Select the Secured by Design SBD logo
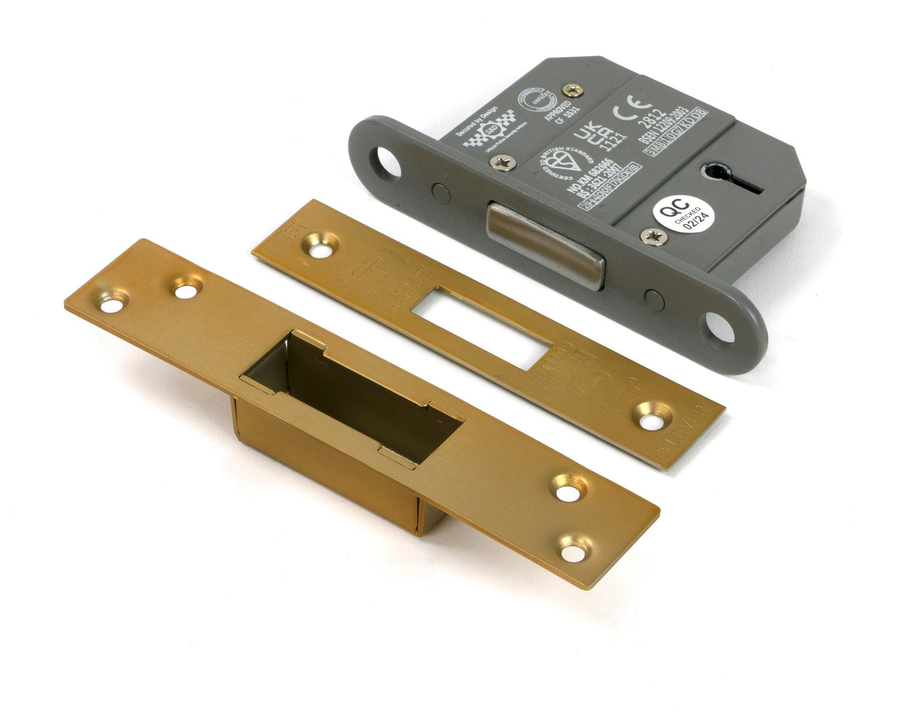pyautogui.click(x=488, y=134)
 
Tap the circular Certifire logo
pyautogui.click(x=532, y=101)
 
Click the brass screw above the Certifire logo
pyautogui.click(x=572, y=90)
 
